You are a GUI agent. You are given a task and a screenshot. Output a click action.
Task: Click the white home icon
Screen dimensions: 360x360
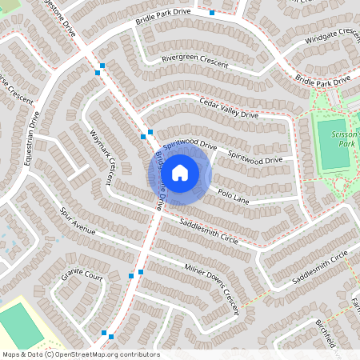tap(180, 171)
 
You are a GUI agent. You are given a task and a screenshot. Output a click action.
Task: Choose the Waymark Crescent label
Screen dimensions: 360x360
tap(99, 155)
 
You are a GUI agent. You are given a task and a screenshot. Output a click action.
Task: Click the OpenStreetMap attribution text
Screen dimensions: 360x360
tap(81, 354)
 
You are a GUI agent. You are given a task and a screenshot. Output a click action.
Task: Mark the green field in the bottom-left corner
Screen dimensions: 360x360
tap(20, 325)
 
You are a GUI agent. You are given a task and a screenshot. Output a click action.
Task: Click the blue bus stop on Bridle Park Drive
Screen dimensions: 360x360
tap(212, 13)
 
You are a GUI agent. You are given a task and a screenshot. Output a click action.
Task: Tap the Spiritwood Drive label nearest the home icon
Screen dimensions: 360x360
tap(190, 146)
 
